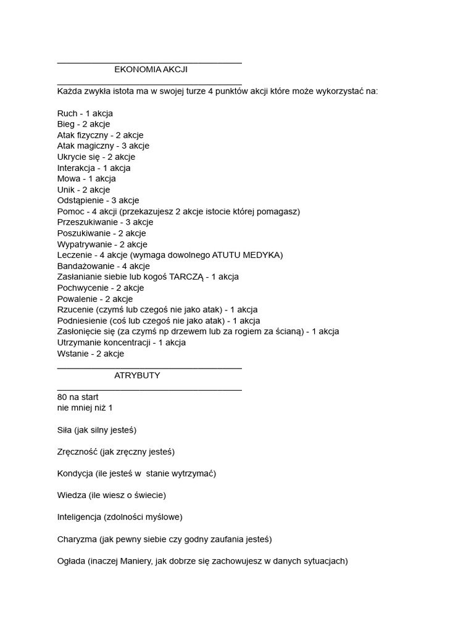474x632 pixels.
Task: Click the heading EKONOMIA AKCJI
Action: pyautogui.click(x=151, y=70)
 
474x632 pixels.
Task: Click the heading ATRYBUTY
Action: pyautogui.click(x=137, y=375)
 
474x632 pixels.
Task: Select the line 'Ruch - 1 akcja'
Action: pyautogui.click(x=85, y=114)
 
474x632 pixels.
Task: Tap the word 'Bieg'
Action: pyautogui.click(x=65, y=124)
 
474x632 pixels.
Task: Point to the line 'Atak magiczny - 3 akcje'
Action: pyautogui.click(x=103, y=146)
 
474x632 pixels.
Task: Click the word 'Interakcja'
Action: pyautogui.click(x=76, y=168)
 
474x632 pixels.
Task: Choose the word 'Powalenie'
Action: pyautogui.click(x=77, y=299)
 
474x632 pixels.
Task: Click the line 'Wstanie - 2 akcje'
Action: pyautogui.click(x=90, y=354)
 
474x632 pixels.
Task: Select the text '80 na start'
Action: pyautogui.click(x=77, y=397)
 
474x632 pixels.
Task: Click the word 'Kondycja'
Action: pyautogui.click(x=75, y=473)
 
